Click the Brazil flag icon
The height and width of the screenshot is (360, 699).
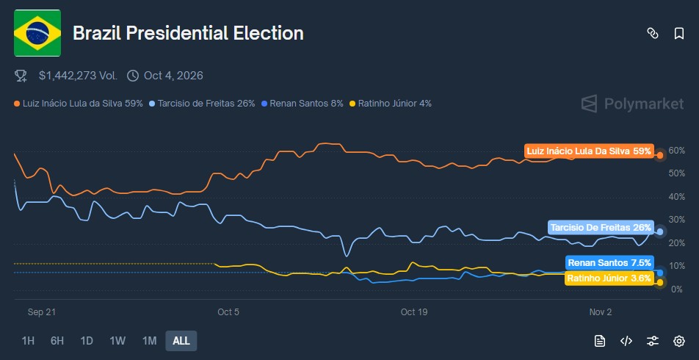coord(37,33)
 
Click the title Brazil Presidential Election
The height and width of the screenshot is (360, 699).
coord(188,33)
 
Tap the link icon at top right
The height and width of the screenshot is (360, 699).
coord(652,33)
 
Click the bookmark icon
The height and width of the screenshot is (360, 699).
coord(679,33)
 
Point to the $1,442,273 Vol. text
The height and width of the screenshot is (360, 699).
coord(78,75)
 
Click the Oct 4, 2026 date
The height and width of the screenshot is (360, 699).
coord(173,75)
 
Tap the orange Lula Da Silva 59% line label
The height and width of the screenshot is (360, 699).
coord(588,151)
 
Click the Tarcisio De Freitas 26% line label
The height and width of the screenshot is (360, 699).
coord(600,228)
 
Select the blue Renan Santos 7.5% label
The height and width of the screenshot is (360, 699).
coord(609,262)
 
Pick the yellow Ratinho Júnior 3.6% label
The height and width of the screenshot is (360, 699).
coord(608,278)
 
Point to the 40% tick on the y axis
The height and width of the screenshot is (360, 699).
coord(676,197)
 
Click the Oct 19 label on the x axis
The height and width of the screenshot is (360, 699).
coord(414,312)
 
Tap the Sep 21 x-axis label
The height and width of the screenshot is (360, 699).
coord(42,312)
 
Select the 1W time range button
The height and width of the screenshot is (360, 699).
coord(117,341)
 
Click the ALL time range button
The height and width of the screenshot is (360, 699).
coord(181,341)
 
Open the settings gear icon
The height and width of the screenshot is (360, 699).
coord(679,341)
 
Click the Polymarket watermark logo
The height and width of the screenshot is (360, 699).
coord(632,104)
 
